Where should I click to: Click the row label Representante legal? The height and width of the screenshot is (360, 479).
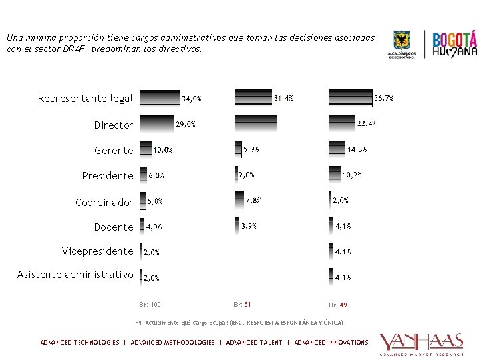click(85, 99)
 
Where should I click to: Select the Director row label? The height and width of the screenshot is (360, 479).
click(113, 125)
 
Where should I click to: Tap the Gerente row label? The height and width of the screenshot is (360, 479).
click(114, 151)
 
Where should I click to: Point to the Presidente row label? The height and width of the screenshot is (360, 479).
click(107, 176)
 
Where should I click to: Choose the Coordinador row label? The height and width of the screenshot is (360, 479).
click(104, 202)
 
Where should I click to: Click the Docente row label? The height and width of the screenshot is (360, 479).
click(113, 227)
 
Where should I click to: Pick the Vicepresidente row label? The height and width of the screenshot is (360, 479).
click(97, 251)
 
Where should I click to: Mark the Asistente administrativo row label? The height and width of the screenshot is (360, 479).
click(75, 275)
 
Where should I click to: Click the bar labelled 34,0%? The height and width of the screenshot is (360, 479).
click(160, 99)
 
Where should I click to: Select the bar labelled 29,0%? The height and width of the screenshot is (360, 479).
click(156, 124)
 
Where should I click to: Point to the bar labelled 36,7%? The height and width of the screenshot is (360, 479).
click(350, 98)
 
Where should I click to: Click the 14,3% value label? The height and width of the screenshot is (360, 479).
click(357, 149)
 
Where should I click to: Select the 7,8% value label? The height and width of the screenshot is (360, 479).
click(253, 200)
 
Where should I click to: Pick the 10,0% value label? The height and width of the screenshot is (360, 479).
click(163, 150)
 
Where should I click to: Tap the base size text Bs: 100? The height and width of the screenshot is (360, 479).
click(150, 305)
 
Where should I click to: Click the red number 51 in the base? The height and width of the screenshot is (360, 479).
click(247, 305)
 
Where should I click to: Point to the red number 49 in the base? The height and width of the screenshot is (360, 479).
click(343, 305)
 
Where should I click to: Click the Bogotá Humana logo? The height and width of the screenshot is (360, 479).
click(455, 45)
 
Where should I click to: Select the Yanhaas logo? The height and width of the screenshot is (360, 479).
click(420, 343)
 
